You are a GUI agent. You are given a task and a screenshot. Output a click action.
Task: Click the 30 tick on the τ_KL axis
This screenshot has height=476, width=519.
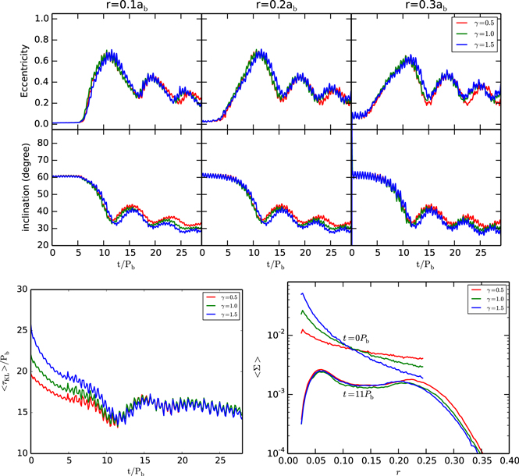tap(23, 289)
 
